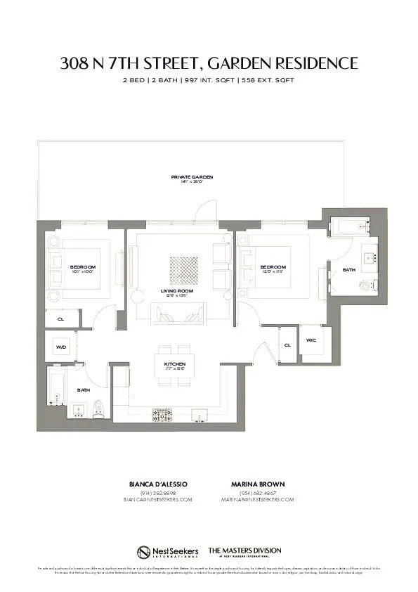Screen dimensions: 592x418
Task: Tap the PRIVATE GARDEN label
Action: pos(192,176)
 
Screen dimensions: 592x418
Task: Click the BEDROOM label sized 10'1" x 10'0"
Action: pos(82,267)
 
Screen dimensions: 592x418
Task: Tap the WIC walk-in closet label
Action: pos(311,340)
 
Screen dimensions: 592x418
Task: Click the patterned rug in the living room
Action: pos(183,269)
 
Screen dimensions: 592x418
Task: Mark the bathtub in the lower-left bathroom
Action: pos(56,387)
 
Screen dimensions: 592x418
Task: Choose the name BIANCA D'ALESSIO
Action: pos(158,484)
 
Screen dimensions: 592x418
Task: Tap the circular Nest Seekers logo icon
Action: pos(144,551)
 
